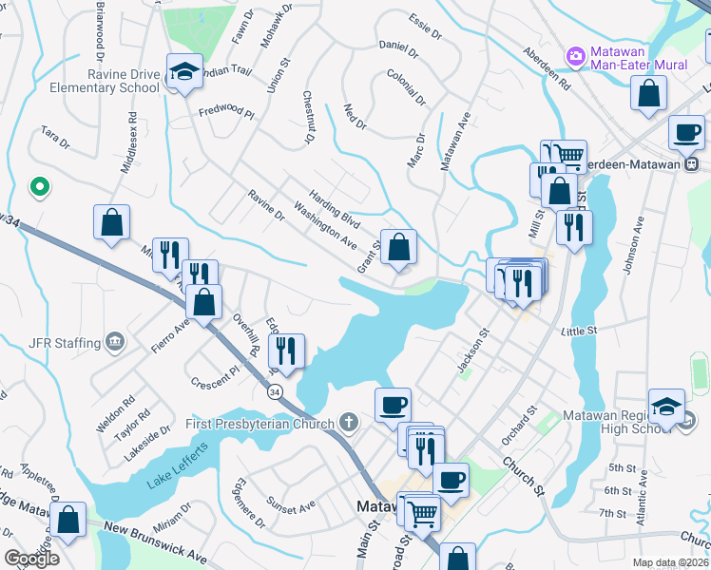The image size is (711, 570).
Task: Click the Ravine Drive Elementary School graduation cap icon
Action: [x=183, y=71]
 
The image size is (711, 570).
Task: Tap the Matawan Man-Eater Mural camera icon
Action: [x=575, y=57]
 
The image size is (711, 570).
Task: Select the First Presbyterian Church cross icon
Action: [x=349, y=423]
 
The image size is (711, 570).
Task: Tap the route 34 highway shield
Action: [x=275, y=391]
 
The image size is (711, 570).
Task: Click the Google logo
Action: [x=31, y=559]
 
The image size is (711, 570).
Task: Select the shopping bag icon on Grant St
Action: [x=399, y=247]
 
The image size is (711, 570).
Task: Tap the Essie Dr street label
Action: [x=425, y=25]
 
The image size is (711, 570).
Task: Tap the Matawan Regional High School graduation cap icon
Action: [x=666, y=406]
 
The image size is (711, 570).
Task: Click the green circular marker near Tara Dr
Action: [x=39, y=187]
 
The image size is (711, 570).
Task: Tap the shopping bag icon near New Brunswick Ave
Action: [x=68, y=520]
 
